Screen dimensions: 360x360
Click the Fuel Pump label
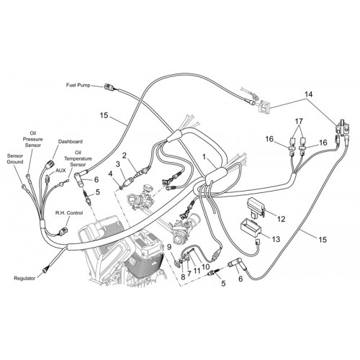(x=78, y=85)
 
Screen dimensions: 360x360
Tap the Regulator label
(x=24, y=279)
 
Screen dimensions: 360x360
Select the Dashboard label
(x=71, y=142)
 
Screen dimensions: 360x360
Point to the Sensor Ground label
(x=15, y=159)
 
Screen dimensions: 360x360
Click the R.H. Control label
(x=69, y=213)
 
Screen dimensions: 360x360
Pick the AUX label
(x=60, y=171)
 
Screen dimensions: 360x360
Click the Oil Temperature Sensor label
(x=78, y=158)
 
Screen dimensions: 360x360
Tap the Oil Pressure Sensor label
(x=32, y=139)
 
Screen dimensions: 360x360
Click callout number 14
(x=309, y=94)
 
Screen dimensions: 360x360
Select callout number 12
(x=281, y=219)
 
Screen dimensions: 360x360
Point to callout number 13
(x=276, y=239)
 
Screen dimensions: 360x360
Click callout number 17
(x=299, y=121)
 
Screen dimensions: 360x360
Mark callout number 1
(x=204, y=157)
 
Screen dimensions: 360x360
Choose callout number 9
(x=169, y=247)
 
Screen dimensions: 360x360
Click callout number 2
(x=124, y=156)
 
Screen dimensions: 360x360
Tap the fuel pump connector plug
(x=109, y=87)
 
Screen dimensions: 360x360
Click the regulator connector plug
(x=45, y=270)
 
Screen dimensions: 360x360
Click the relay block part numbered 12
(x=256, y=208)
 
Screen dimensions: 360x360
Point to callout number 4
(x=110, y=174)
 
